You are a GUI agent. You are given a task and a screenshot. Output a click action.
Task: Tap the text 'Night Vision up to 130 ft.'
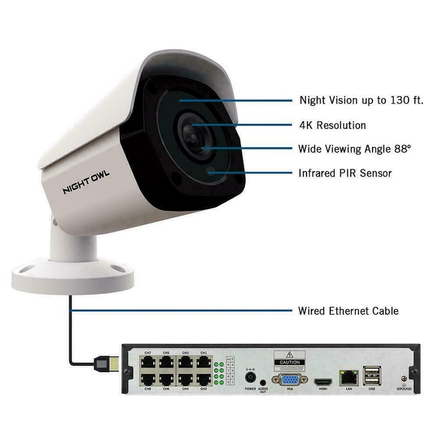pos(361,100)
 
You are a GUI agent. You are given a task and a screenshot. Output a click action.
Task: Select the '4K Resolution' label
pos(332,125)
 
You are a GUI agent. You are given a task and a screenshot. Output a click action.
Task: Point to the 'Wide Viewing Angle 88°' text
pos(355,149)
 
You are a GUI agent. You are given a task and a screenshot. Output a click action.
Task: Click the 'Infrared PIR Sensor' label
pos(345,173)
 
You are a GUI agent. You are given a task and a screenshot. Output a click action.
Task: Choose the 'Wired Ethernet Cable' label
pos(348,311)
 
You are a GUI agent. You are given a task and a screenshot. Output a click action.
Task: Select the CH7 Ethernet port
pos(148,363)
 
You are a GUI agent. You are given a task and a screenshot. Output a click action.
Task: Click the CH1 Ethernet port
pos(203,363)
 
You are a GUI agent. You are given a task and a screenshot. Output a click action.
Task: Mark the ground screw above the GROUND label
pos(404,379)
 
